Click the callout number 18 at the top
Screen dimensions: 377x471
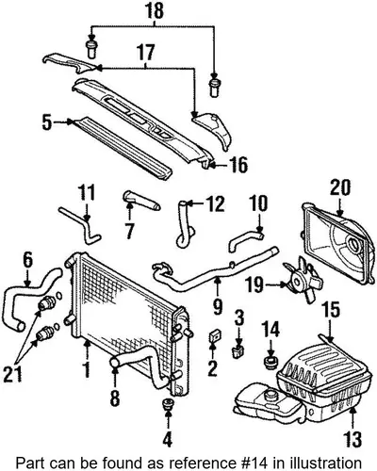(x=155, y=10)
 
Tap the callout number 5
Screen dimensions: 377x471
(x=47, y=122)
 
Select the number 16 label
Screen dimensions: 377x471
(x=238, y=165)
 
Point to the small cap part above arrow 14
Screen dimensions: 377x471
(x=270, y=362)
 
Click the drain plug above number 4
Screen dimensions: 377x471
(x=168, y=404)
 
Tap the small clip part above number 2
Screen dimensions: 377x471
(x=215, y=335)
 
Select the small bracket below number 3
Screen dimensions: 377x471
(x=238, y=352)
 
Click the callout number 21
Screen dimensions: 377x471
(x=13, y=374)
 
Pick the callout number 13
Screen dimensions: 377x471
(x=352, y=439)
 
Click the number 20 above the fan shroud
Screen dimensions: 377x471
(x=340, y=187)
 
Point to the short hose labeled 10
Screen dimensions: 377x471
(x=246, y=241)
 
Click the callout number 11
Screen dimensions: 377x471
(x=87, y=193)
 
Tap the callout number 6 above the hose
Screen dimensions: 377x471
(x=27, y=260)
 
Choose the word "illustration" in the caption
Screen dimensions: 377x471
(x=330, y=463)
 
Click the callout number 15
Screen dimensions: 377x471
(x=332, y=310)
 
